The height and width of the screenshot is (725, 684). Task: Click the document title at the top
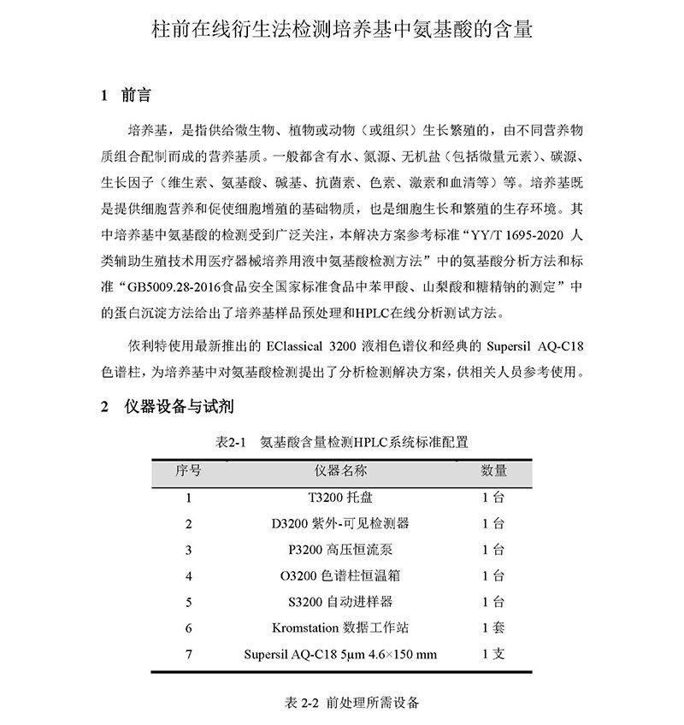point(341,32)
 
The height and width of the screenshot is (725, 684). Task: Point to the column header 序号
point(188,470)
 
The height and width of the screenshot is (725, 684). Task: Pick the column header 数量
point(493,470)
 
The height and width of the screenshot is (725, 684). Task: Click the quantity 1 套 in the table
point(493,628)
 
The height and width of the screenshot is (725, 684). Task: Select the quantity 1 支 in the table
point(493,654)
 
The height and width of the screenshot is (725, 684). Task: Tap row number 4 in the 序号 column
point(188,575)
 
